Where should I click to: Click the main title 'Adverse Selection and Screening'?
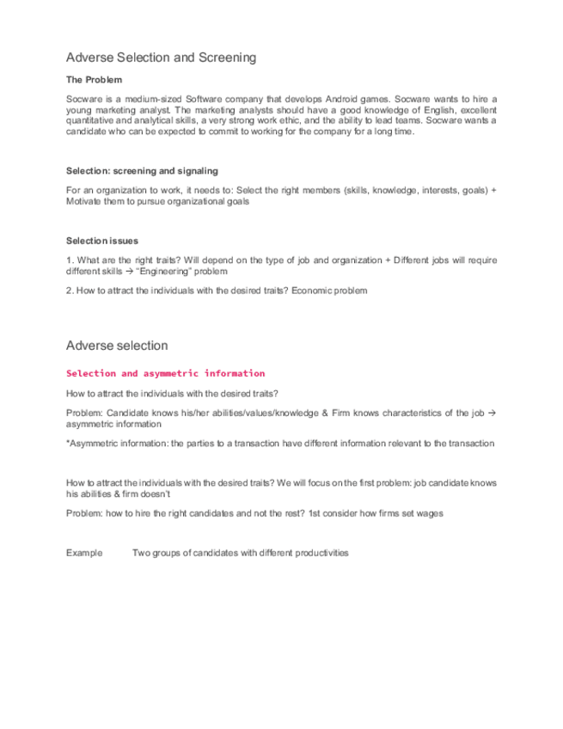(x=161, y=58)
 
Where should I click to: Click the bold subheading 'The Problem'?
(x=94, y=80)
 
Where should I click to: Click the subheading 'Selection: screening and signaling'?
(x=142, y=171)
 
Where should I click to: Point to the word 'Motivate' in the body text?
(x=84, y=200)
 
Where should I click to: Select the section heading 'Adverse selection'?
(x=117, y=346)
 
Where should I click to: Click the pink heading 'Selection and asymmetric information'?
(x=165, y=373)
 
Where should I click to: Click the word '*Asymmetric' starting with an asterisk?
(x=91, y=444)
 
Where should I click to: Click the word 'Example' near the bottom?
(x=84, y=553)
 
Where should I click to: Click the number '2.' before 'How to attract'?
(x=70, y=291)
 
